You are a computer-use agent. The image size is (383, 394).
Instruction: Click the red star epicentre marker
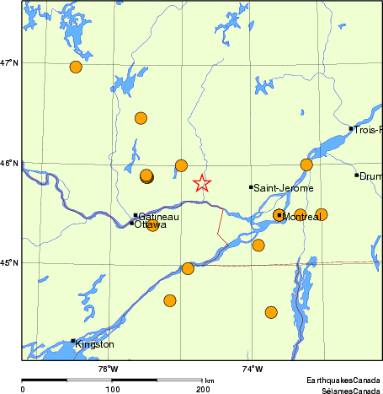point(202,183)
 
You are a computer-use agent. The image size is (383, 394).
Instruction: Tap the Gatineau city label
point(157,216)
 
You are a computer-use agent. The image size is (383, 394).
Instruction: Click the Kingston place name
point(94,344)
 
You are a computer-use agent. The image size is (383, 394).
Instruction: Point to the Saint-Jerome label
point(284,187)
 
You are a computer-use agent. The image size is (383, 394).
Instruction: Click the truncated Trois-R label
point(368,130)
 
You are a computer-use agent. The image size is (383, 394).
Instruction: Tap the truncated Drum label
point(371,176)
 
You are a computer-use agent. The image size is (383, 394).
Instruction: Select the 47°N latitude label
point(10,62)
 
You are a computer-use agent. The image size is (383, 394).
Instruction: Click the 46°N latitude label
point(10,163)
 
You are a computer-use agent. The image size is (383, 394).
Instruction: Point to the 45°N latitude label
point(10,263)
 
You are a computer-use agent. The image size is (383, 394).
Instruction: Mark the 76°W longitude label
point(108,368)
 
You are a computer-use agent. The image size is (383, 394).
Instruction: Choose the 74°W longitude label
point(252,368)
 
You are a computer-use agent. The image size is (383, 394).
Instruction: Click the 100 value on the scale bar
point(112,389)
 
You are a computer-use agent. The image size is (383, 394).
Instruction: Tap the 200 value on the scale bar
point(203,389)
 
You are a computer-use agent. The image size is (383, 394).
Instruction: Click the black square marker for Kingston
point(73,341)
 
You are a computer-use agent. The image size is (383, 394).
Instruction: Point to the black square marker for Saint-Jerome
point(251,187)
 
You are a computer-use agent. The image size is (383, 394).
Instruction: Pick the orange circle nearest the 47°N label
point(76,67)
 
